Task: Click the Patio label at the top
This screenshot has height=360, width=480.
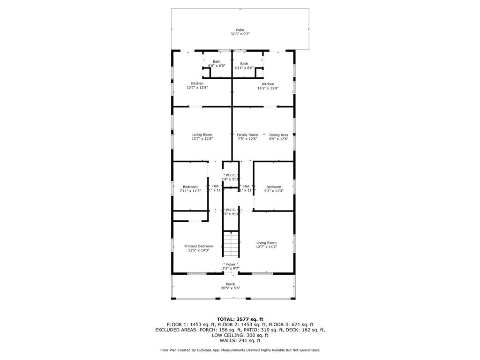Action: (240, 30)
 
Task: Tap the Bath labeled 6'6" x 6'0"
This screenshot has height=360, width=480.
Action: (217, 64)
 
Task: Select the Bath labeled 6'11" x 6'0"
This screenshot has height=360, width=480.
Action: (244, 66)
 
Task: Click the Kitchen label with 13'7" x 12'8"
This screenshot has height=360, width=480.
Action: (197, 85)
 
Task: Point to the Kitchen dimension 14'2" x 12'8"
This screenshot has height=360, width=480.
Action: (268, 88)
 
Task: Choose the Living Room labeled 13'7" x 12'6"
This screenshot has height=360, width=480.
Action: (202, 136)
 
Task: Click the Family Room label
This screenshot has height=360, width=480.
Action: (247, 135)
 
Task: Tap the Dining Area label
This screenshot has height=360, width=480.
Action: (278, 135)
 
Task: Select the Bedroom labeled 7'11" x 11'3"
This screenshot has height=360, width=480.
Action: (190, 188)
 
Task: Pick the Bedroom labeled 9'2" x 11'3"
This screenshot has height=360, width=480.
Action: (274, 188)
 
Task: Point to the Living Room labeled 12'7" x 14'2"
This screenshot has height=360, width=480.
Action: (266, 245)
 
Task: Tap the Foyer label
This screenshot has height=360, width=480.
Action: (231, 264)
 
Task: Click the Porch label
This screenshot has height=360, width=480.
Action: (231, 284)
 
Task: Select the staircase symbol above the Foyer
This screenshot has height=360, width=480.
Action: (231, 244)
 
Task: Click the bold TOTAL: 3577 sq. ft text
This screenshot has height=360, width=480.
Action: (240, 319)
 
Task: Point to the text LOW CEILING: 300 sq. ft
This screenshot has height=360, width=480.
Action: (240, 335)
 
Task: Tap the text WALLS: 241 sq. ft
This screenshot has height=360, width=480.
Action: (240, 340)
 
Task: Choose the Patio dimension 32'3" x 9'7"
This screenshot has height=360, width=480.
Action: (240, 34)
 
